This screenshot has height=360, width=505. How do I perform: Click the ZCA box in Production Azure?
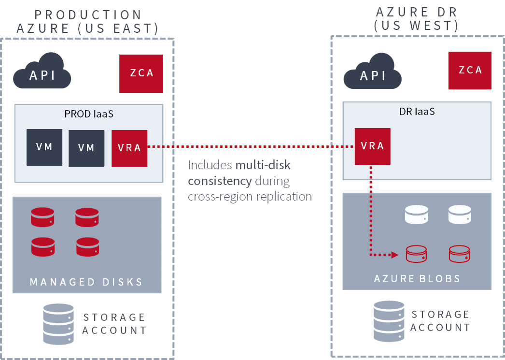coord(141,73)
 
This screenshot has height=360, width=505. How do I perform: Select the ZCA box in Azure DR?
coord(470,71)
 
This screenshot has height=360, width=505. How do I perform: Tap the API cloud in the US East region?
coord(42,75)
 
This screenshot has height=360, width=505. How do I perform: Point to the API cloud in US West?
coord(373,75)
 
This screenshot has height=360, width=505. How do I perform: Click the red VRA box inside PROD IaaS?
coord(129,148)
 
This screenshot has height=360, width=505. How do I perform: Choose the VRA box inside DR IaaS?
coord(372,146)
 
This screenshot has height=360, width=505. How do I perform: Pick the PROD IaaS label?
coord(88,115)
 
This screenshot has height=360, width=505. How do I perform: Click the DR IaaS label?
coord(417,112)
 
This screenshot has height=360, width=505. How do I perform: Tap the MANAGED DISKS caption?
coord(86,282)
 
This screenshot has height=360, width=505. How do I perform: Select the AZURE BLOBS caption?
coord(417,279)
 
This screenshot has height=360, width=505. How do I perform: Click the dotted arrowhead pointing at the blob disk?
coord(394,255)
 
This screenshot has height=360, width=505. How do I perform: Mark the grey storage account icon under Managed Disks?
coord(58,323)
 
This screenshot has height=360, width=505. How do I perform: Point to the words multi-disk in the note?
coord(263,166)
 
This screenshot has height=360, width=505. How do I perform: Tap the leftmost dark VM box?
coord(44,147)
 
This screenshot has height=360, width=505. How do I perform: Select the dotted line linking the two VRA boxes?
coord(251,146)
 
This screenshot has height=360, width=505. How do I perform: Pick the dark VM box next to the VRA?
coord(86,148)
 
